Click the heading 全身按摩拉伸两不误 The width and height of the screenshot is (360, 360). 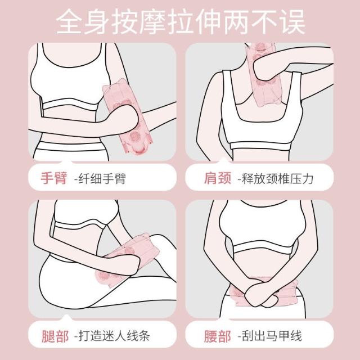point(181,21)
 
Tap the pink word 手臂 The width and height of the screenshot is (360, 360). point(54,178)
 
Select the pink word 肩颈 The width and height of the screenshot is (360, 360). point(218,178)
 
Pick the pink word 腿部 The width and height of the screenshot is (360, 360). point(55,336)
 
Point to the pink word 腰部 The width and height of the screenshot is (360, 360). point(218,336)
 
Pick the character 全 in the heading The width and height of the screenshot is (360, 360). point(69,21)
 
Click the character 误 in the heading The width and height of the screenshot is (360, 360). point(292,21)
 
